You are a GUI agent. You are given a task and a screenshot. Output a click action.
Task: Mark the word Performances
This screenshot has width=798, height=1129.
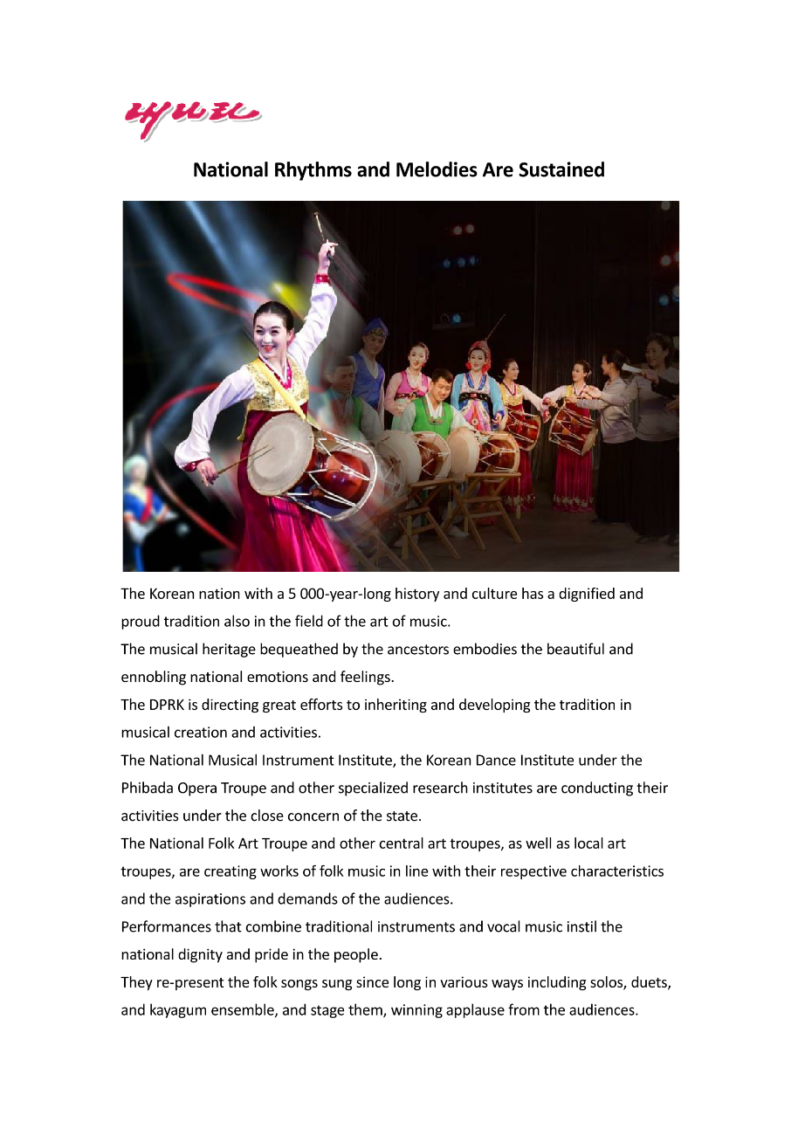(x=167, y=926)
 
